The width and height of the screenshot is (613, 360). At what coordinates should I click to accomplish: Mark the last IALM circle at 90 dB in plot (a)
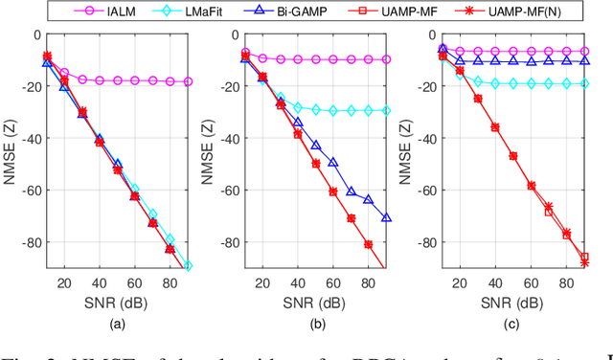188,82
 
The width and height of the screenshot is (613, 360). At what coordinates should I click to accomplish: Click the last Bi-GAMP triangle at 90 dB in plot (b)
386,218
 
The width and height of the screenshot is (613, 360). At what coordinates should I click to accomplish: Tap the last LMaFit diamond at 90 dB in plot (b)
386,111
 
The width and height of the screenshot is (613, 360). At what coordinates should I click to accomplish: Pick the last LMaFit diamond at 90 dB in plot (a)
188,266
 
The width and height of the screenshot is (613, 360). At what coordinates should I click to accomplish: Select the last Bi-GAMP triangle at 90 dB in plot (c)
585,61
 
